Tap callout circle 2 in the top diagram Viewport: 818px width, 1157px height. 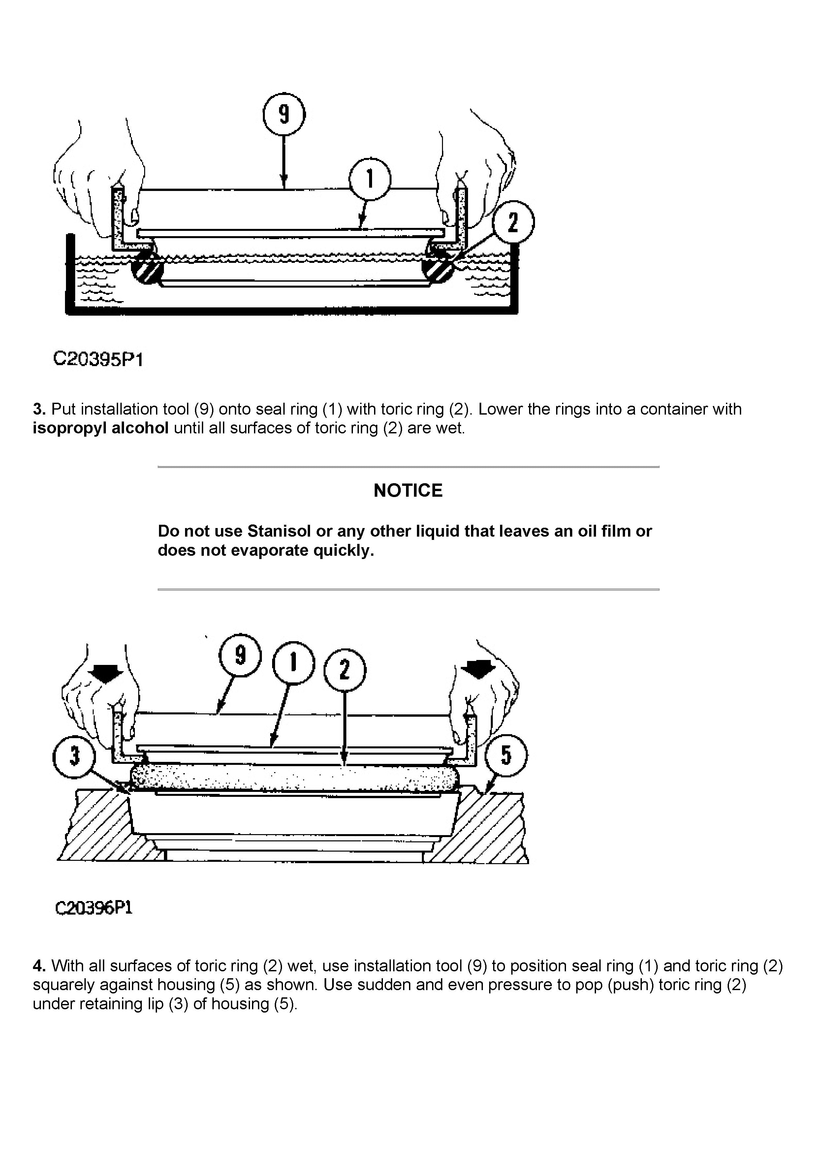tap(513, 222)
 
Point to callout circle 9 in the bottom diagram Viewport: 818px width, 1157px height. tap(240, 655)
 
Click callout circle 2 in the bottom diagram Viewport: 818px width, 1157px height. tap(345, 670)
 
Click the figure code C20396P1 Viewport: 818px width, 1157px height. tap(93, 908)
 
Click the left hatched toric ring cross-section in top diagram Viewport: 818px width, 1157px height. tap(146, 268)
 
